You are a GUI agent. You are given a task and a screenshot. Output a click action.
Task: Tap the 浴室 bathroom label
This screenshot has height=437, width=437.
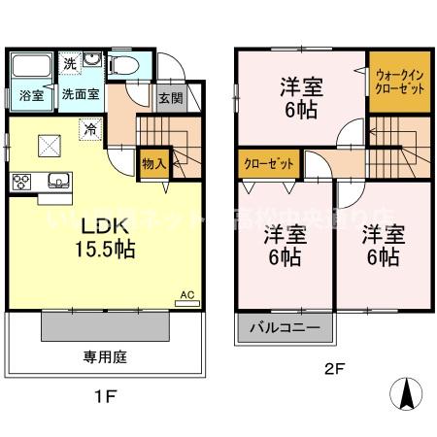(30, 95)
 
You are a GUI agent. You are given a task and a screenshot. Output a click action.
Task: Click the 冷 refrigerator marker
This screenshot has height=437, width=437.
(89, 126)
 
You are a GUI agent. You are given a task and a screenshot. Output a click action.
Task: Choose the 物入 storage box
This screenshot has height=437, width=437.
(153, 162)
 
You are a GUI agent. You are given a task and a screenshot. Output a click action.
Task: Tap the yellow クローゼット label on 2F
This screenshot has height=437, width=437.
(268, 164)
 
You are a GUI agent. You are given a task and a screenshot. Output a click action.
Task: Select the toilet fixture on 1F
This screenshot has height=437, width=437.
(123, 66)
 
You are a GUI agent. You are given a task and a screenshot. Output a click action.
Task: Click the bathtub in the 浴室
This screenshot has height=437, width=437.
(33, 68)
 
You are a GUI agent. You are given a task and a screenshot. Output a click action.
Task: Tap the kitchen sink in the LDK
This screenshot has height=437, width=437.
(57, 180)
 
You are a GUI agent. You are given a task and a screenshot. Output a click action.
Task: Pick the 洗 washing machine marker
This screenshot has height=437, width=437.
(70, 62)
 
